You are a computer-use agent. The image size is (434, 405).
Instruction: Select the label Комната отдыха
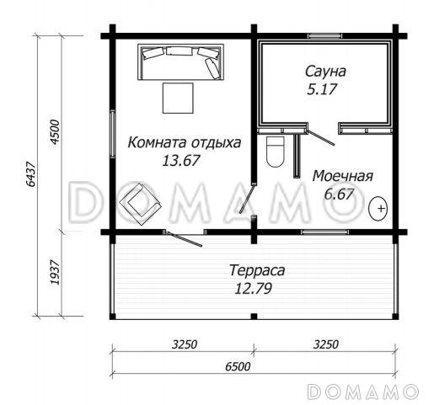click(x=185, y=143)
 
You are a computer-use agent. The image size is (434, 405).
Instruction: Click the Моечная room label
click(x=342, y=176)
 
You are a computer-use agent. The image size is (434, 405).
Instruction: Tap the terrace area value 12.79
click(x=256, y=288)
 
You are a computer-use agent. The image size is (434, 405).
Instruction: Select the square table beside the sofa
click(x=176, y=98)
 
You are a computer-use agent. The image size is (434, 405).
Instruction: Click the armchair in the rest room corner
click(x=137, y=205)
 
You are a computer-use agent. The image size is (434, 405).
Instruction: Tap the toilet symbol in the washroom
click(x=275, y=152)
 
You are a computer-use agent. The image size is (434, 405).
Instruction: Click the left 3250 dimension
click(x=183, y=344)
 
